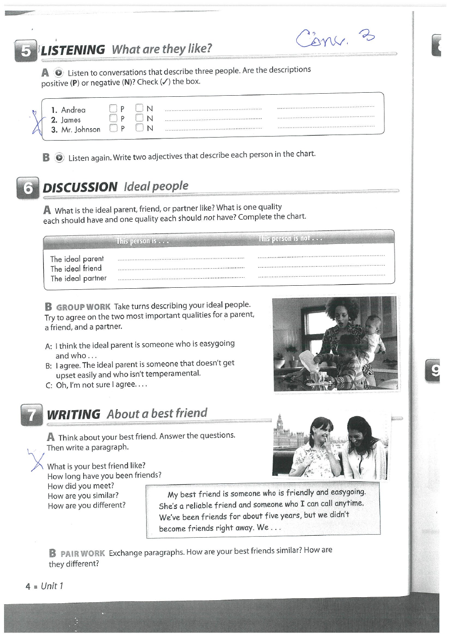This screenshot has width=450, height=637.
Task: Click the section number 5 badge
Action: (x=26, y=51)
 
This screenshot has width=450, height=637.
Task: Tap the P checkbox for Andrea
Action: (x=113, y=108)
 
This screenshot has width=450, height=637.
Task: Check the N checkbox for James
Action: (x=139, y=118)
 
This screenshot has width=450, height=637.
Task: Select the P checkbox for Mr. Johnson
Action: (x=113, y=128)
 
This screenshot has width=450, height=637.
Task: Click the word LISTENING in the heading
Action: (x=73, y=50)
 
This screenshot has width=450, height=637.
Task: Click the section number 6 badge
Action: (x=28, y=188)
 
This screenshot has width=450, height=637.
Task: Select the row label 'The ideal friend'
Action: (x=76, y=269)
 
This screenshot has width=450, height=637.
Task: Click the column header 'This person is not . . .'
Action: (x=291, y=238)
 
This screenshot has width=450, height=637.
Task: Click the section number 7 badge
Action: (x=31, y=415)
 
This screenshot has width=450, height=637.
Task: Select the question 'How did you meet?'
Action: (x=81, y=486)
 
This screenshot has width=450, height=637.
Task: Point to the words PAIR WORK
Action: (x=83, y=553)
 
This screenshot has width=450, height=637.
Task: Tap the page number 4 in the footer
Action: (x=28, y=587)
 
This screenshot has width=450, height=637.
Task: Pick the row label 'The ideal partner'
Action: (x=78, y=278)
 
